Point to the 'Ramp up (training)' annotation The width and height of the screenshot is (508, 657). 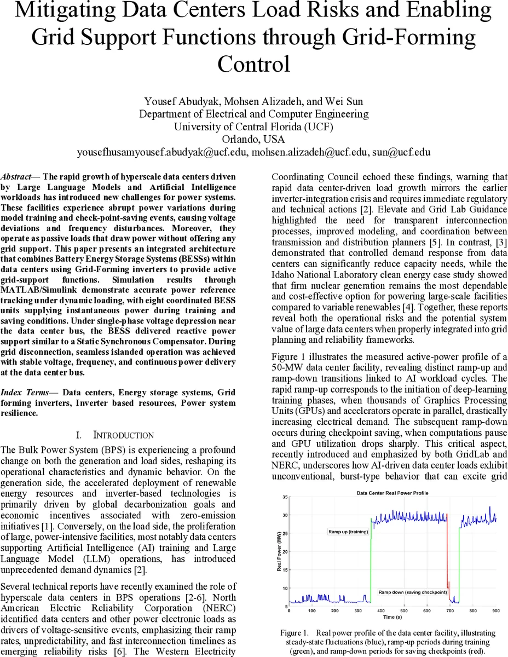[348, 532]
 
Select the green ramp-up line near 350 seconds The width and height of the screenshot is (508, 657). [371, 558]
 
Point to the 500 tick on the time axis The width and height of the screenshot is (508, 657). [403, 610]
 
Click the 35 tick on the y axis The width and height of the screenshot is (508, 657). [285, 497]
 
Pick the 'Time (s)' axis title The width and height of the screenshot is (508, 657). [392, 616]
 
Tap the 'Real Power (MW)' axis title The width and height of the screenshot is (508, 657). [279, 551]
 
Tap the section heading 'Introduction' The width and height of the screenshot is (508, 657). [123, 435]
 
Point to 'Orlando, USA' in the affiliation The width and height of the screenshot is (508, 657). [253, 139]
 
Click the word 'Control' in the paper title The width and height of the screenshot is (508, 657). [253, 64]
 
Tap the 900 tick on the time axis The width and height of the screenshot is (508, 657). [495, 610]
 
